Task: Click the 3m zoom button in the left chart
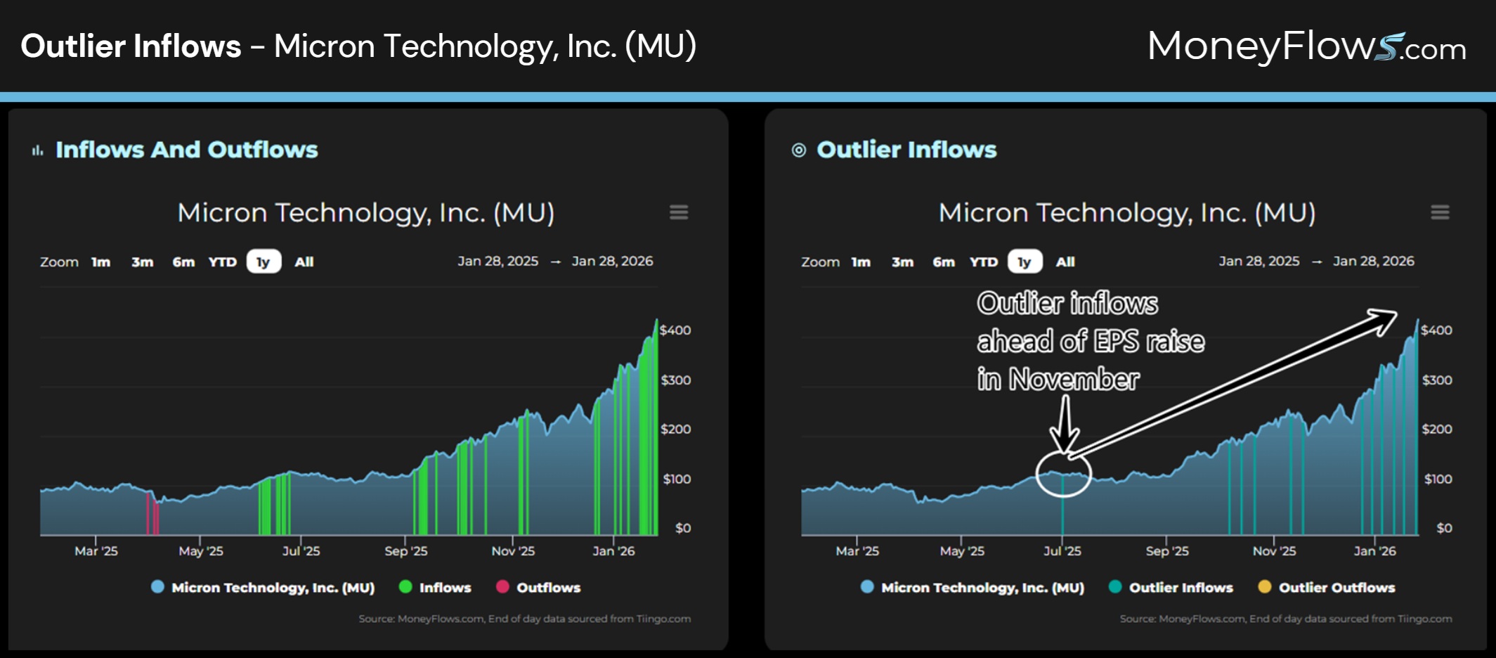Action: click(x=142, y=262)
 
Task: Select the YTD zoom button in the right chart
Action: click(x=983, y=262)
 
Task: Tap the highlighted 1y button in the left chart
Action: click(x=264, y=262)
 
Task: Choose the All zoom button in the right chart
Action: click(x=1065, y=262)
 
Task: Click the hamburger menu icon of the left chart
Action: click(x=678, y=212)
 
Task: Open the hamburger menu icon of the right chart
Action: click(x=1440, y=212)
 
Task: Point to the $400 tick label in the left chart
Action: click(x=675, y=330)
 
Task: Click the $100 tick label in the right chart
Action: click(x=1438, y=479)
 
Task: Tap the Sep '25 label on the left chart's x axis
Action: click(x=405, y=551)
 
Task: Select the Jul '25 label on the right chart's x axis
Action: click(x=1062, y=551)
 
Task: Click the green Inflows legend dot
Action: click(x=405, y=587)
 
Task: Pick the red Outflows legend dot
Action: click(x=502, y=587)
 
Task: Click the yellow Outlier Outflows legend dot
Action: click(x=1264, y=587)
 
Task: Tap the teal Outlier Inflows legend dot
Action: click(x=1114, y=587)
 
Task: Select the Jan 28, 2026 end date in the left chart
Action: click(x=612, y=262)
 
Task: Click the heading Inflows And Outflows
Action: click(x=186, y=150)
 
